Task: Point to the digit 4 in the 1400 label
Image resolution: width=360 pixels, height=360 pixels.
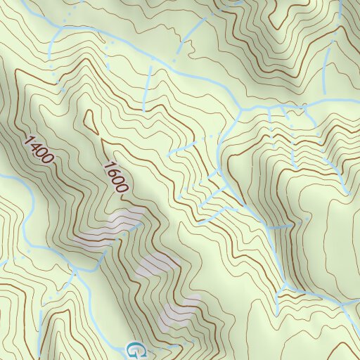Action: pos(34,145)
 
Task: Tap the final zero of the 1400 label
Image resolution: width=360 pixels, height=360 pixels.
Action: pos(47,160)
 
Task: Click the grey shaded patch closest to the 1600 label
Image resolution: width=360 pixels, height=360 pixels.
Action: pos(112,229)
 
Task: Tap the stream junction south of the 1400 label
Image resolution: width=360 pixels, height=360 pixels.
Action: pos(72,268)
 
